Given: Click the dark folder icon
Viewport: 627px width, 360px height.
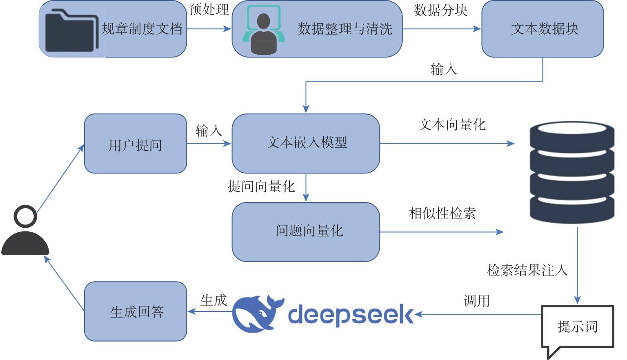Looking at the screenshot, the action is point(72,31).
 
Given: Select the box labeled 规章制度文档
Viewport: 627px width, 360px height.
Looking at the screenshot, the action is point(113,29).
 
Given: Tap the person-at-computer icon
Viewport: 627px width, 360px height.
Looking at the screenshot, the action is point(263,30).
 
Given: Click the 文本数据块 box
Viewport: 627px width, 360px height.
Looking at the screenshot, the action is point(543,29).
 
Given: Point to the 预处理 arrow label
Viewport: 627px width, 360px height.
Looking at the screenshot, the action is point(209,9).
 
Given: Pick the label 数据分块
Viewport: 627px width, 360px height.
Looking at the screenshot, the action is point(440,10).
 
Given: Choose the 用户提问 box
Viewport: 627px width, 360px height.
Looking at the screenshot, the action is point(136,144).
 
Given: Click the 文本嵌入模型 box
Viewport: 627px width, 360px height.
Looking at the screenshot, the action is point(306,144).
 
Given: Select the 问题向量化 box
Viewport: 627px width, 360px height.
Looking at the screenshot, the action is point(306,232).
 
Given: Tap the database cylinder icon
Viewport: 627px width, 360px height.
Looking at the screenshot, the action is point(572,172).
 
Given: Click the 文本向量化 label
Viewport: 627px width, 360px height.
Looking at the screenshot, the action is point(452,124).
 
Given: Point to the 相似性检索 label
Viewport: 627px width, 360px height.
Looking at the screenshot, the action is point(442,213).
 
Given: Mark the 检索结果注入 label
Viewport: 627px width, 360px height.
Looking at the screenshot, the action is point(527,270).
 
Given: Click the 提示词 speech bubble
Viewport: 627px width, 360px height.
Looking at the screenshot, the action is point(578,327).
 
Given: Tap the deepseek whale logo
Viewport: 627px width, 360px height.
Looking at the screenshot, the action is point(258,313).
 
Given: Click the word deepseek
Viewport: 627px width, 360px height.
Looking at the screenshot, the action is point(351,315).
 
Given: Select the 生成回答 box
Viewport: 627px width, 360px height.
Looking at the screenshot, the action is point(136,311).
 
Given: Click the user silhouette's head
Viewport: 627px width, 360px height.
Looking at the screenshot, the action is point(25,216).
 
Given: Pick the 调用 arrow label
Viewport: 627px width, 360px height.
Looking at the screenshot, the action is point(476,301).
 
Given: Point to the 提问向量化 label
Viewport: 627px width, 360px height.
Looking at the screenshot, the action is point(261,187).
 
